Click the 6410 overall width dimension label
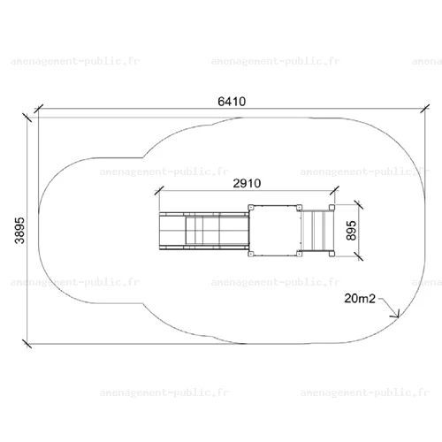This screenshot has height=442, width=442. pos(232,102)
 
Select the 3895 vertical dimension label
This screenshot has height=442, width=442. pos(20,231)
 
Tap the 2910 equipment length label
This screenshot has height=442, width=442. pos(247,184)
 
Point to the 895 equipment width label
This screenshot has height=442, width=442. pos(351,231)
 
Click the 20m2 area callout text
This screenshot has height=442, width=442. pos(360,299)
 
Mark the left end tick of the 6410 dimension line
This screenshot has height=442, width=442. pos(39,109)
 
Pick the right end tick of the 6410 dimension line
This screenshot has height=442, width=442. pos(425,109)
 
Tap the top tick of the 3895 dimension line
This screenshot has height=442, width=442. pos(27,118)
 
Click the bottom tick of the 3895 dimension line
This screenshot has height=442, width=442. pos(27,344)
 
